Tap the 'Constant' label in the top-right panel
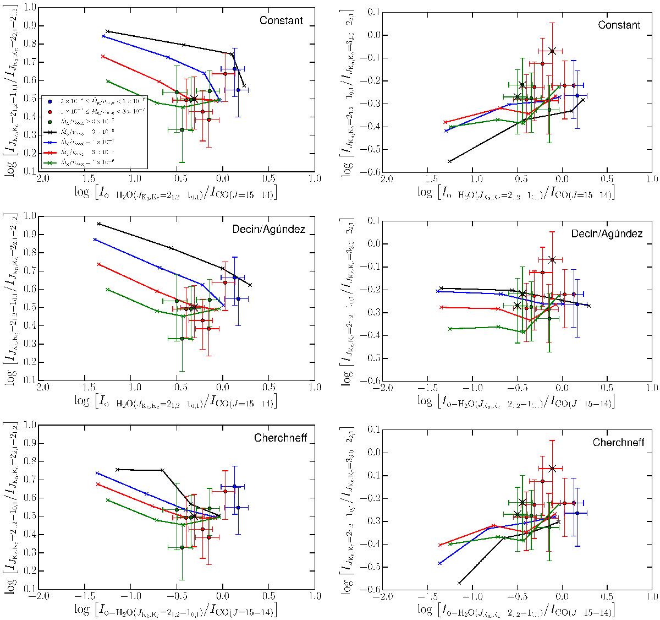[x=619, y=25]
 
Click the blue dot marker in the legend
[x=51, y=101]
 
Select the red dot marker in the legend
[x=51, y=112]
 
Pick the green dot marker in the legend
[x=51, y=122]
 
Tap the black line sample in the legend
[x=51, y=133]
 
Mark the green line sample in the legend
[x=51, y=162]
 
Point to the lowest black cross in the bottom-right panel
[x=459, y=583]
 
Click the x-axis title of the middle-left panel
[x=175, y=401]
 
